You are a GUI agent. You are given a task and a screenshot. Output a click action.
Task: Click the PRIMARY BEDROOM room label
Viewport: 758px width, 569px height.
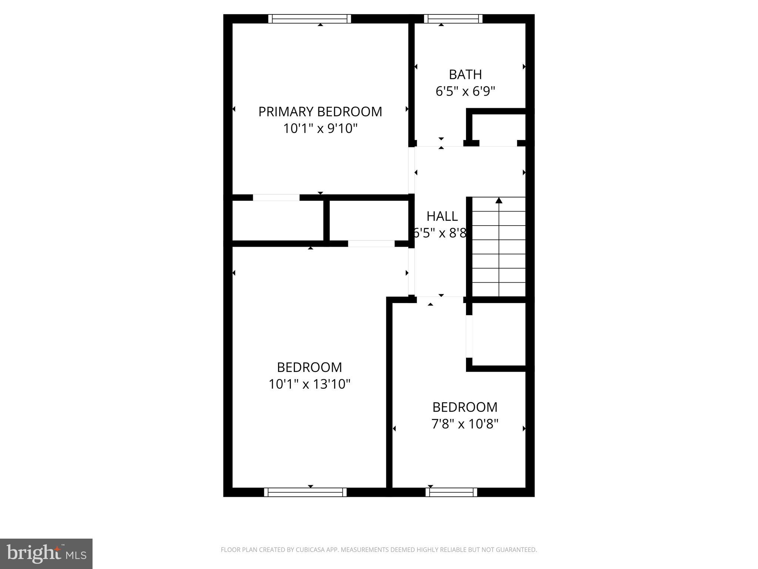pos(320,112)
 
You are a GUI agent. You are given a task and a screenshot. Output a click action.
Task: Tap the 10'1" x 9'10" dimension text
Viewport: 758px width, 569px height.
pos(320,129)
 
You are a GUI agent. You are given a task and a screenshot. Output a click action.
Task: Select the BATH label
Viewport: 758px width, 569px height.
pos(465,74)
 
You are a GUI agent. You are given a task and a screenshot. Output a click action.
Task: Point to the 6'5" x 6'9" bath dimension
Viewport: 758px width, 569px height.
pos(465,91)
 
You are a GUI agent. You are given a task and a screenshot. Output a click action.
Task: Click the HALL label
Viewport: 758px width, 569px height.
pos(442,216)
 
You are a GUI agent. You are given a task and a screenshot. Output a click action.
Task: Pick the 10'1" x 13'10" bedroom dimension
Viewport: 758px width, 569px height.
pos(309,384)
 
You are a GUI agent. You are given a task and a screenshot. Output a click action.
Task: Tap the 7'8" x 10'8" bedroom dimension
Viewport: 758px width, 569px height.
pos(465,423)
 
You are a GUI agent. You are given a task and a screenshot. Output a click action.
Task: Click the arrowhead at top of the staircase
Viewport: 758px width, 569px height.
pos(499,200)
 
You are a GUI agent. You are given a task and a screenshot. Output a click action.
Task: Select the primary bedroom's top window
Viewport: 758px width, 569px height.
pos(309,19)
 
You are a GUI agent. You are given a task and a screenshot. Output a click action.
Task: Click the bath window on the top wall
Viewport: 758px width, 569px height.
pos(453,19)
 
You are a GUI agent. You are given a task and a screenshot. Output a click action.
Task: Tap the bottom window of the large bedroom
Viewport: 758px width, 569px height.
pos(305,492)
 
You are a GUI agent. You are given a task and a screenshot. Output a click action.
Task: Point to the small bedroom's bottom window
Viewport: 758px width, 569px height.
pos(451,492)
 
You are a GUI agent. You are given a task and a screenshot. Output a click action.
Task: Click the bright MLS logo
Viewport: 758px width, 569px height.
pos(46,553)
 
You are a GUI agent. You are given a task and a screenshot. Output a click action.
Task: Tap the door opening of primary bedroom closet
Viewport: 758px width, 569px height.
pos(276,197)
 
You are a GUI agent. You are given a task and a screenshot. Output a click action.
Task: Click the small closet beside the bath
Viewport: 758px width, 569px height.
pos(499,128)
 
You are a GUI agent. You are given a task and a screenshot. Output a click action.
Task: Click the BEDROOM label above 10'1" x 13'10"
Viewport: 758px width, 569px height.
pos(309,367)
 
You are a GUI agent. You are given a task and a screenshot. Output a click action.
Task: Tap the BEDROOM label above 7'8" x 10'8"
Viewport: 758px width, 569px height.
pos(465,407)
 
